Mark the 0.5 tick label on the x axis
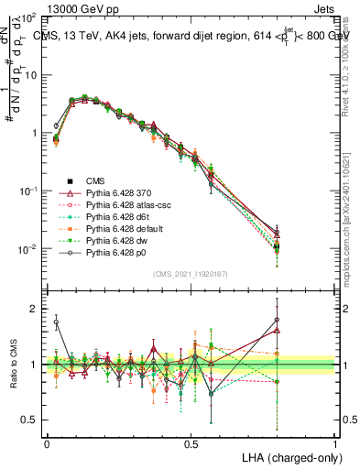coord(191,442)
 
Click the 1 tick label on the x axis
coord(334,442)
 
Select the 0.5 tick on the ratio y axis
coord(27,420)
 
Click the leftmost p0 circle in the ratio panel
coord(56,322)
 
